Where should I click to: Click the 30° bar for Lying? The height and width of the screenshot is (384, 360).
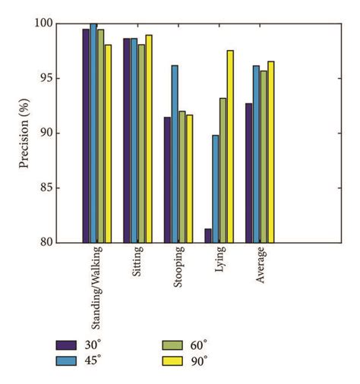208,235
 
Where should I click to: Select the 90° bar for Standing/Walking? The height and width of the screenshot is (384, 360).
108,143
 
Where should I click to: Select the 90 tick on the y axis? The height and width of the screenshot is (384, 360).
65,134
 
